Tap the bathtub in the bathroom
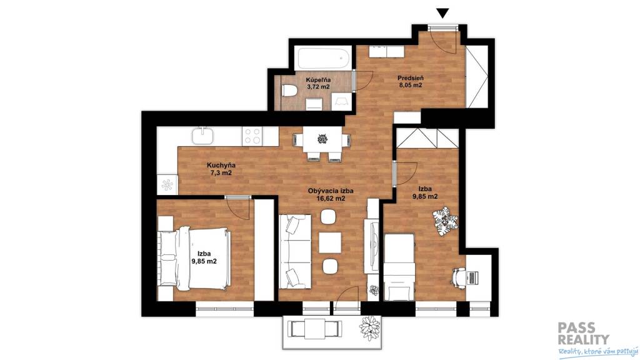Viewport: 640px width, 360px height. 323,59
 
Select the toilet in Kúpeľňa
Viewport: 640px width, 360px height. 289,91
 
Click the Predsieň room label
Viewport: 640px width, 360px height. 411,77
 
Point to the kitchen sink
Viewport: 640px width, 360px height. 202,135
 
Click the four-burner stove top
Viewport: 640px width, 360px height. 252,136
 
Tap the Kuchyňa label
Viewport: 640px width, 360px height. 222,165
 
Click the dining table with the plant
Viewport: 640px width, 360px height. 322,139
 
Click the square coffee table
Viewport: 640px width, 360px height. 330,242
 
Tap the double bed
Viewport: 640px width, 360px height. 195,258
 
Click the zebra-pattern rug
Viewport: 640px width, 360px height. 445,222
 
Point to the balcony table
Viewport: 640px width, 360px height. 315,327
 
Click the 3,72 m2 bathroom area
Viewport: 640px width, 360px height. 319,87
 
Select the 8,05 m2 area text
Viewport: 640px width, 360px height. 410,85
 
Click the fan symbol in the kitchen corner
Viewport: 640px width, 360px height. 167,185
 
